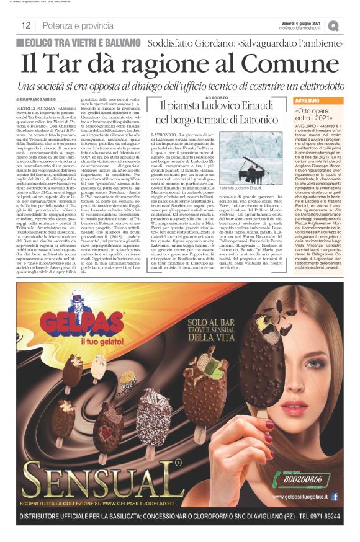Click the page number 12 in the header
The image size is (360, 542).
tap(26, 25)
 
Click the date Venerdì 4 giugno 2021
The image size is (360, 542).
tap(300, 21)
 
